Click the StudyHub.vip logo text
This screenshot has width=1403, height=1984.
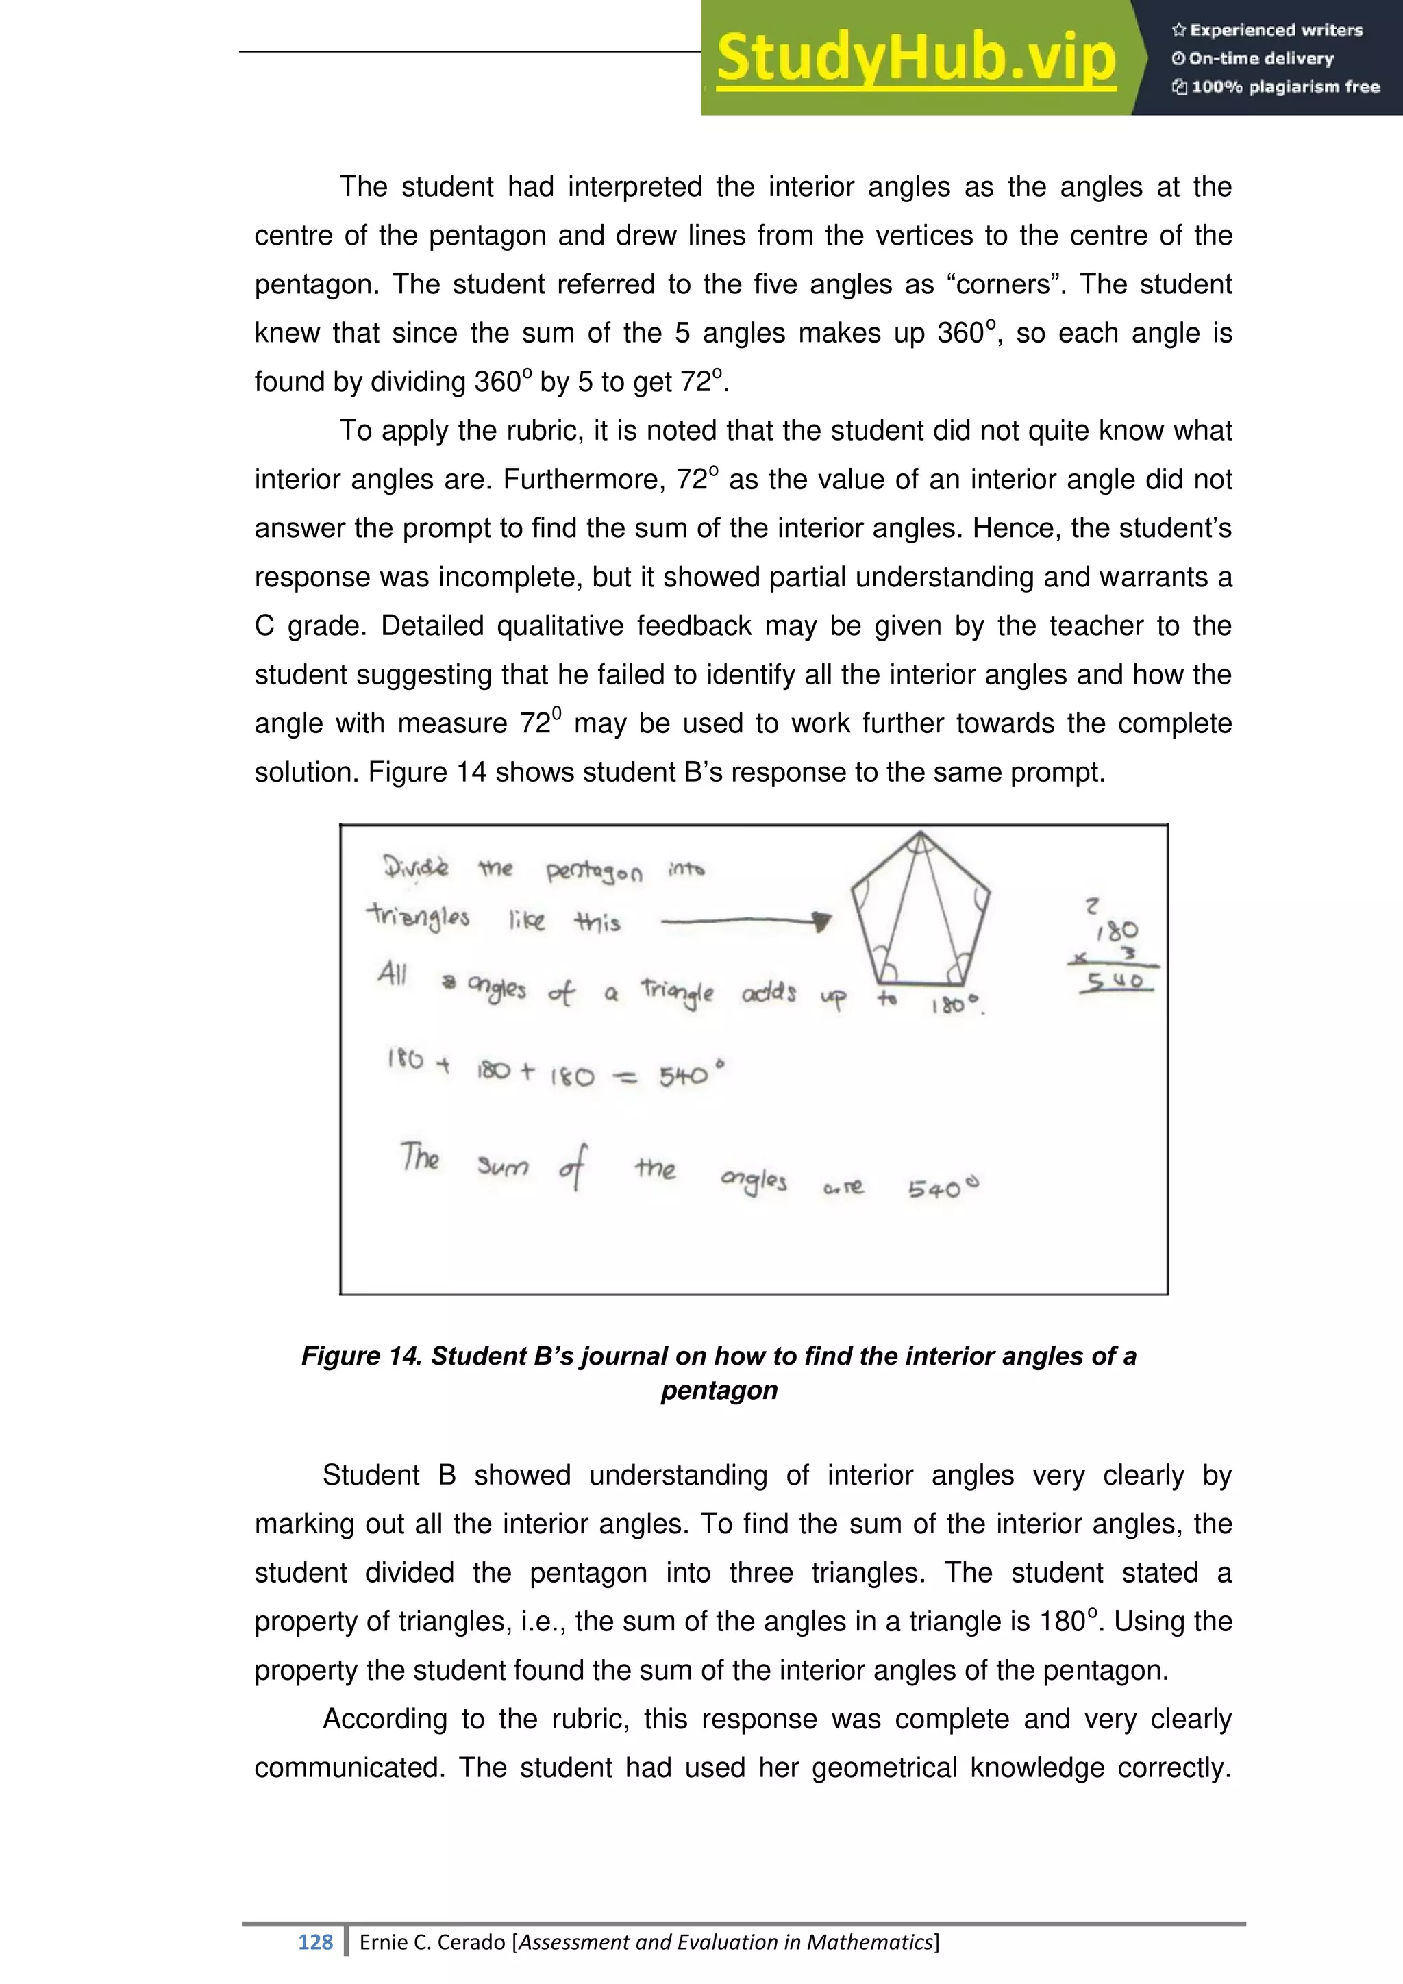point(916,59)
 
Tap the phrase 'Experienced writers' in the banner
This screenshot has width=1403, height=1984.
point(1276,30)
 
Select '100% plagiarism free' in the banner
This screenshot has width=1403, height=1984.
point(1284,86)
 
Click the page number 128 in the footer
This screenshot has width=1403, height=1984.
point(315,1942)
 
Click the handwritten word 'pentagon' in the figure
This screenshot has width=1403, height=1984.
point(595,872)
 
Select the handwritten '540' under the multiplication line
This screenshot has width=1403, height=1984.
point(1115,982)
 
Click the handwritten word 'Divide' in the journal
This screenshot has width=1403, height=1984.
point(417,866)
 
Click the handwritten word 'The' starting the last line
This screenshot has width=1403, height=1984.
point(420,1157)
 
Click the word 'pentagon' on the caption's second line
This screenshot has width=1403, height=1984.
point(719,1389)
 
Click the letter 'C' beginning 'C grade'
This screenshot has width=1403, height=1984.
point(264,625)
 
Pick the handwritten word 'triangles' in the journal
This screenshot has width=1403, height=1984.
point(418,917)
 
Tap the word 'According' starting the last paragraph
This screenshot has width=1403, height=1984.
point(385,1719)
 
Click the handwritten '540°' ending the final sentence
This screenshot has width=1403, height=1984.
point(943,1188)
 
